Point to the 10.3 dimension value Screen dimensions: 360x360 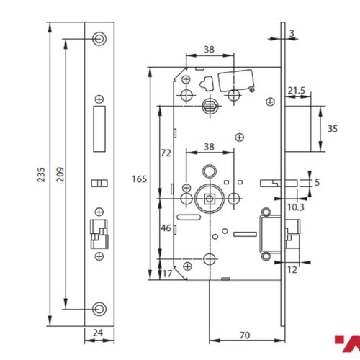[x=295, y=207]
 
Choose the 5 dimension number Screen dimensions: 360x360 [x=318, y=182]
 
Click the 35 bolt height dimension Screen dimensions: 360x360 [x=333, y=128]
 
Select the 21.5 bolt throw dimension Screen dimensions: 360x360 [x=296, y=90]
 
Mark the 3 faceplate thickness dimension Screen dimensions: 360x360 [x=292, y=33]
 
